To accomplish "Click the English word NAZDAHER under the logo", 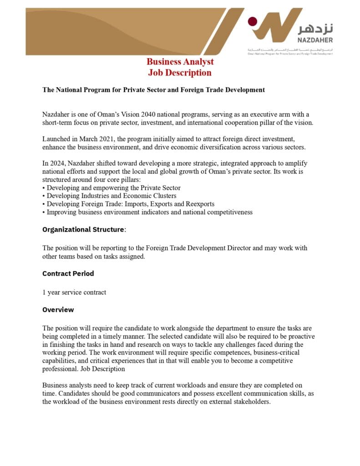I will (x=315, y=41).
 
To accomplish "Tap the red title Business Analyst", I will (x=180, y=62).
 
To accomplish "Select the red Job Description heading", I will (x=180, y=73).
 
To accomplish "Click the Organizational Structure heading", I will (x=83, y=229).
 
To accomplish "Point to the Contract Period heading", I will (x=68, y=274).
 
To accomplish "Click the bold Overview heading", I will (x=58, y=309).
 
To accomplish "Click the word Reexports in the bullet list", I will (x=199, y=204).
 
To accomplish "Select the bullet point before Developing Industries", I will (x=44, y=196).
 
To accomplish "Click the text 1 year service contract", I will (x=74, y=292).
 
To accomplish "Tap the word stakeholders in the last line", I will (x=252, y=402).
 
